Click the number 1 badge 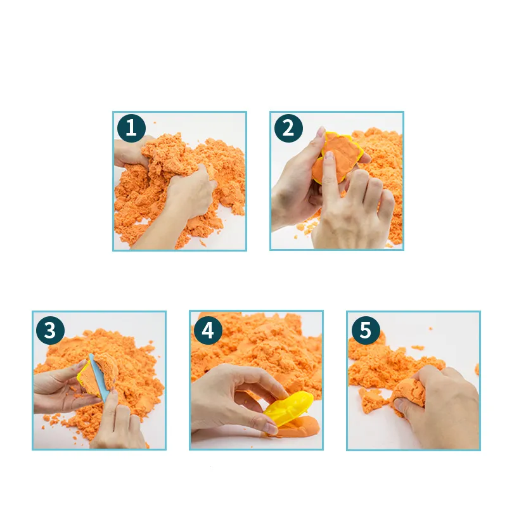pos(131,129)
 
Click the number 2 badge pos(288,129)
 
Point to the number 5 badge pos(365,330)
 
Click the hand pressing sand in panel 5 pos(444,406)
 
